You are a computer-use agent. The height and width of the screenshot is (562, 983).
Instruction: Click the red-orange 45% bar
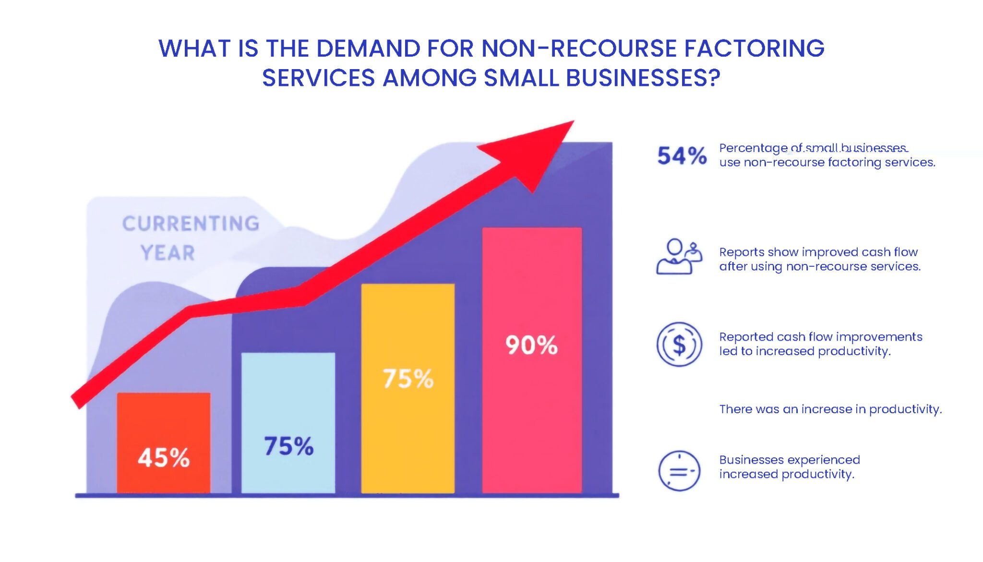[x=163, y=422]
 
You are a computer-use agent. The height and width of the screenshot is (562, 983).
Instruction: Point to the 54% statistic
[x=682, y=156]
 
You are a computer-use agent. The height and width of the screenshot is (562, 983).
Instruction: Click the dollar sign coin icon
[x=679, y=345]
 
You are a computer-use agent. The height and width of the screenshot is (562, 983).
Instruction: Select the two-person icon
[x=679, y=257]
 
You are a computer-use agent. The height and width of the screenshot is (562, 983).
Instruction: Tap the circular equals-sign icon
[x=679, y=471]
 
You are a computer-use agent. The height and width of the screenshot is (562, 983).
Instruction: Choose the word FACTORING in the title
[x=754, y=48]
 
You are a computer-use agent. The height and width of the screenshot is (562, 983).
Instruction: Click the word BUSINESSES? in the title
[x=643, y=78]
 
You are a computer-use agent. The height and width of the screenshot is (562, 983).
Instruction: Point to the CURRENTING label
[x=191, y=224]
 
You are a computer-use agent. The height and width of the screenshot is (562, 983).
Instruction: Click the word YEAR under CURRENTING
[x=168, y=253]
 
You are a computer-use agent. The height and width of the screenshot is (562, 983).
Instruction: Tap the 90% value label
[x=531, y=345]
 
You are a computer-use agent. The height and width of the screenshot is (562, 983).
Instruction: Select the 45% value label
[x=164, y=457]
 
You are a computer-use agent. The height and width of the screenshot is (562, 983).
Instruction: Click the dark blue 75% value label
[x=288, y=446]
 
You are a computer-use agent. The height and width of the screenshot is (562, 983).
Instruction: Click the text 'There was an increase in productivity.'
[x=830, y=409]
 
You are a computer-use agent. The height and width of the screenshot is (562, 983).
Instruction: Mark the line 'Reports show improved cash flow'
[x=818, y=252]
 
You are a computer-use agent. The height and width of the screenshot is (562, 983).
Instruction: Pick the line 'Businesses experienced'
[x=790, y=460]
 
